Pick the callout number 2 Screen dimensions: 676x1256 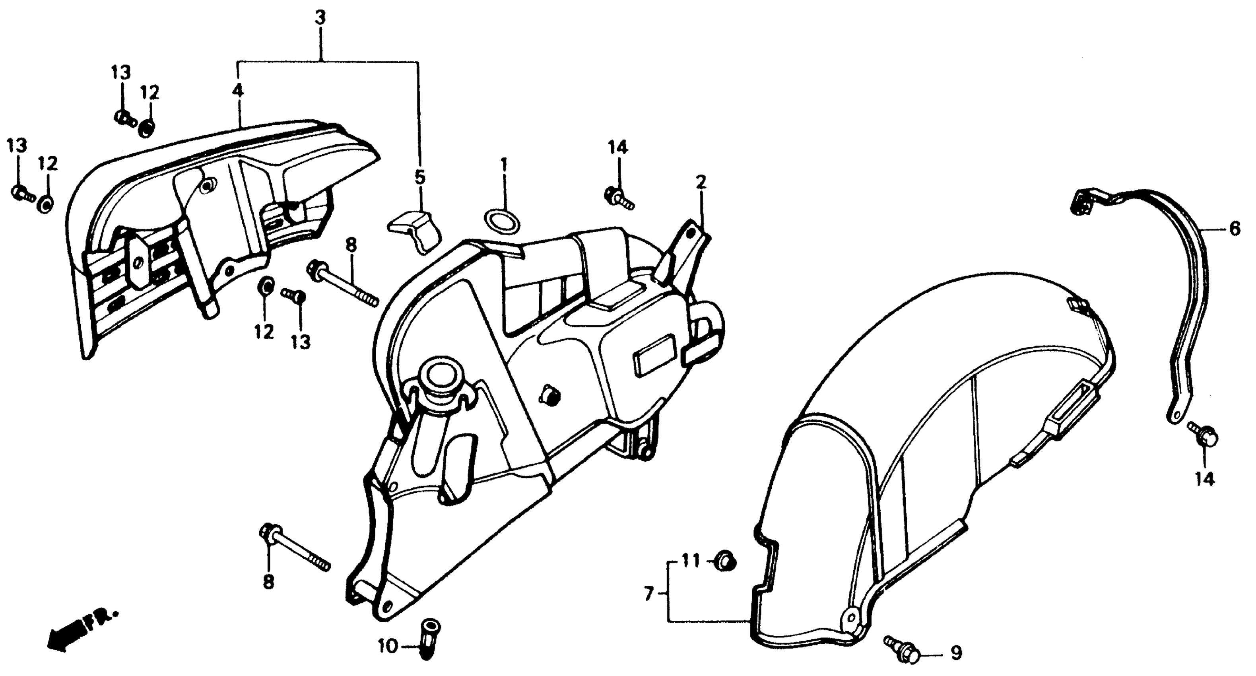701,183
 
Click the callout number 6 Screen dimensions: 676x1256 1234,229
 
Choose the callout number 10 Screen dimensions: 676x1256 388,648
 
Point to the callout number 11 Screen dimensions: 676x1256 690,561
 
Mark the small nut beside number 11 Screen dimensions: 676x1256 725,562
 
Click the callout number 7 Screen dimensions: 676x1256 648,594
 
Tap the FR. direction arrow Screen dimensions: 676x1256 80,630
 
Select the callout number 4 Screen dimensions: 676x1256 237,91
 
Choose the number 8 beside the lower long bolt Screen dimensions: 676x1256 268,582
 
